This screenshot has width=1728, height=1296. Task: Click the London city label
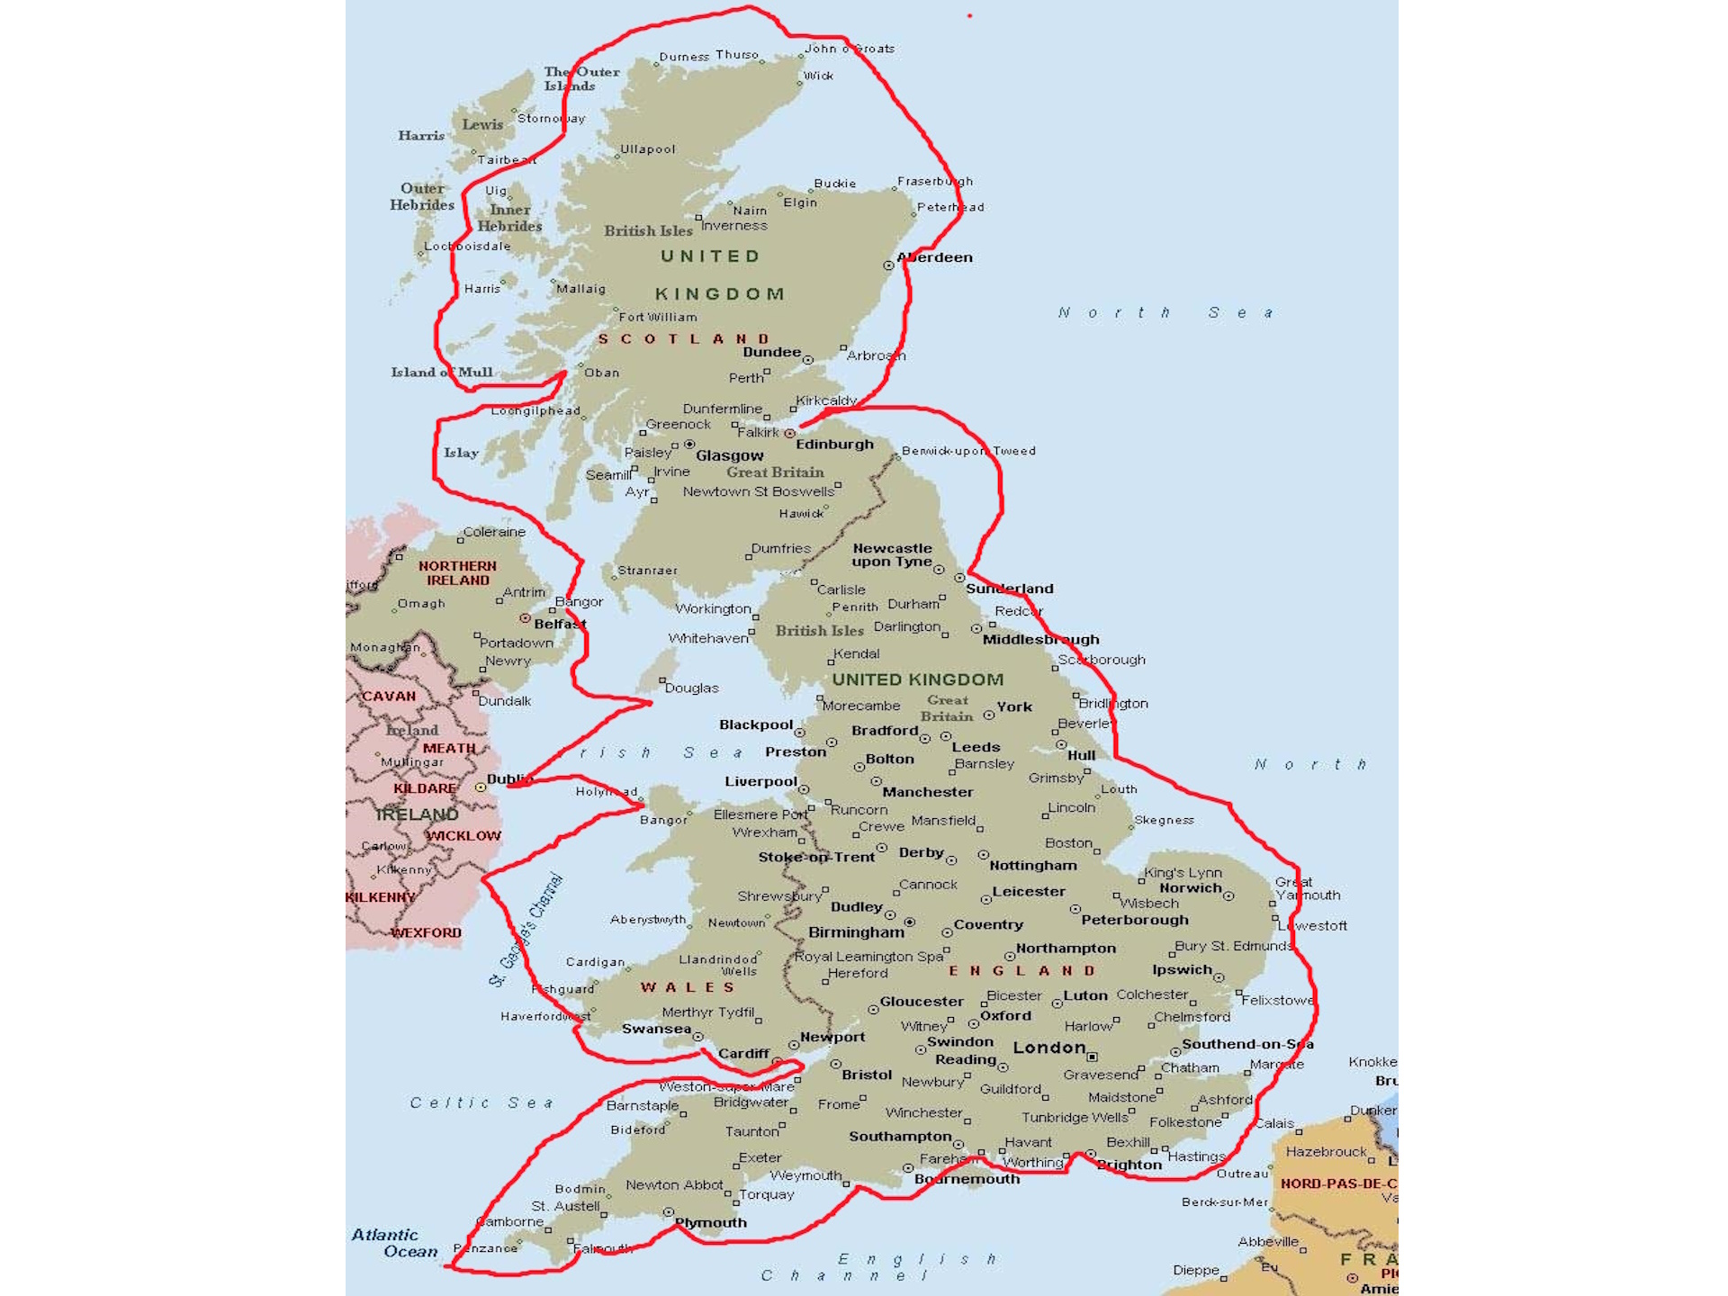pyautogui.click(x=1049, y=1048)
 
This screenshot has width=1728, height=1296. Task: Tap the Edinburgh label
pyautogui.click(x=834, y=444)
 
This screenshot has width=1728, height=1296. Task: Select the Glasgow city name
pyautogui.click(x=729, y=455)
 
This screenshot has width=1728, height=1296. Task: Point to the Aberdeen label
pyautogui.click(x=935, y=257)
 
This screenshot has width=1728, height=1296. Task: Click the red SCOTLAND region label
pyautogui.click(x=684, y=339)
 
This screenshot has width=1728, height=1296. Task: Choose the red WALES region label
pyautogui.click(x=688, y=987)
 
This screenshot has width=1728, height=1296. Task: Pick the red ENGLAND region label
pyautogui.click(x=1022, y=971)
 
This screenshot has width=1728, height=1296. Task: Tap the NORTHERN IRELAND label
pyautogui.click(x=457, y=573)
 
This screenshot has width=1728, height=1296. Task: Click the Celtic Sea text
pyautogui.click(x=481, y=1102)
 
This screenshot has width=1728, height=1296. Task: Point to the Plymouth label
pyautogui.click(x=711, y=1222)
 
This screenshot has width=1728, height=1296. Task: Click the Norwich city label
pyautogui.click(x=1191, y=888)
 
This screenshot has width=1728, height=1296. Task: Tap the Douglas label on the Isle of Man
pyautogui.click(x=691, y=688)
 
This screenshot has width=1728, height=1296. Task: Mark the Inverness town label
pyautogui.click(x=734, y=226)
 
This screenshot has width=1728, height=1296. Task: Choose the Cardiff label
pyautogui.click(x=744, y=1053)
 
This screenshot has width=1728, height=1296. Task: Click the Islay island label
pyautogui.click(x=461, y=453)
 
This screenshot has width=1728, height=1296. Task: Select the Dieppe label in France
pyautogui.click(x=1196, y=1270)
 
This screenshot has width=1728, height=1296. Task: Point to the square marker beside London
pyautogui.click(x=1093, y=1057)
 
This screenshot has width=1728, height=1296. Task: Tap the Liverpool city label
pyautogui.click(x=761, y=781)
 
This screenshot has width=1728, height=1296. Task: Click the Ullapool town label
pyautogui.click(x=648, y=149)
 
